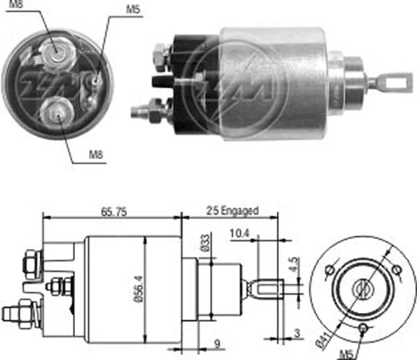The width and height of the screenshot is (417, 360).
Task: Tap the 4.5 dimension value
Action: tap(294, 264)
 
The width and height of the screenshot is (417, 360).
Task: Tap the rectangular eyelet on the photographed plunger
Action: tap(394, 83)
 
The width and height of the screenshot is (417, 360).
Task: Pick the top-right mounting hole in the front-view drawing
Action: tap(396, 270)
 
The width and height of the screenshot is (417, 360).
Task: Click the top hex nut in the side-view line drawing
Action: tap(32, 263)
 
